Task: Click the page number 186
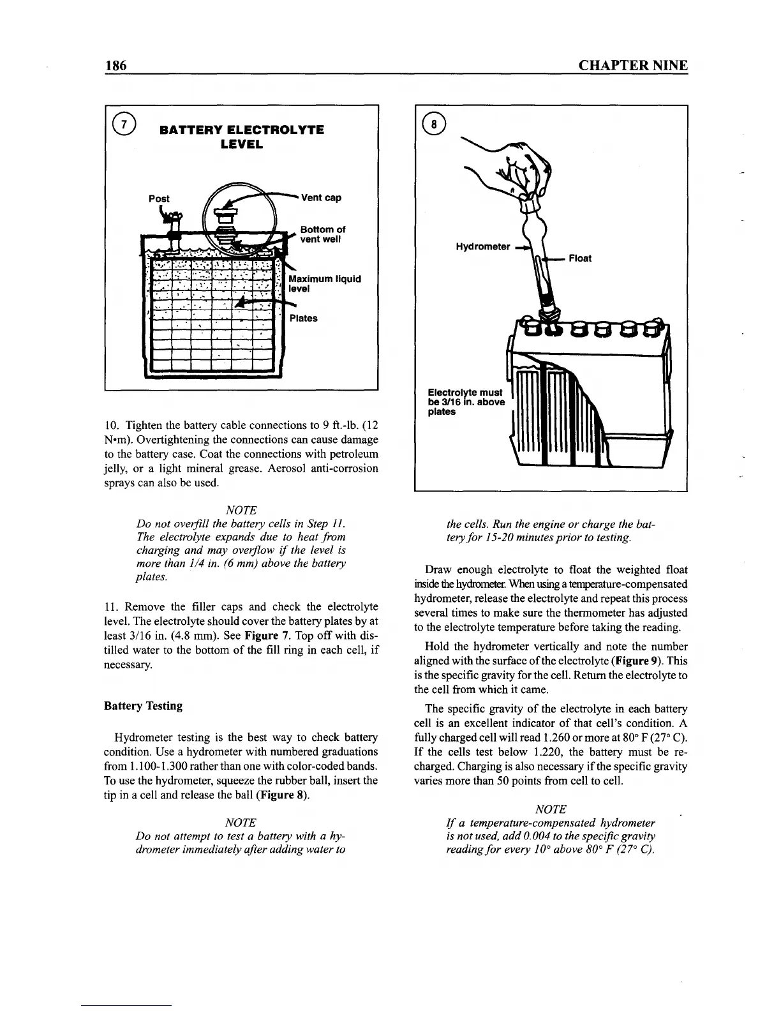[116, 66]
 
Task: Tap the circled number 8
[434, 125]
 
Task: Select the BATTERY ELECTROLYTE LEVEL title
[241, 137]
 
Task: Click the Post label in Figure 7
[159, 198]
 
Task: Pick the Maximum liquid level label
[325, 283]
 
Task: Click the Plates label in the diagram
[303, 318]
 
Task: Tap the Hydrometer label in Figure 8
[482, 246]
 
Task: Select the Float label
[579, 258]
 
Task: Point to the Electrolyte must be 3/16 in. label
[466, 401]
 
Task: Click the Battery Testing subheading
[143, 706]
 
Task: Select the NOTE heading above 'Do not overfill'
[241, 510]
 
